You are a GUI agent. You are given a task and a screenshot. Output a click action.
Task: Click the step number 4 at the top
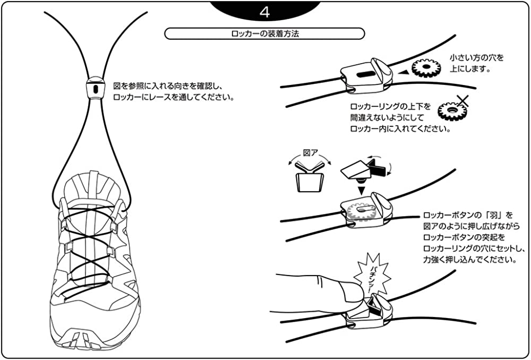[265, 11]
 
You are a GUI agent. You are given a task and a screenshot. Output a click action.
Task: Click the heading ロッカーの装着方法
[265, 33]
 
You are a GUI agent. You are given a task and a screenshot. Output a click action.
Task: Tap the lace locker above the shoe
[95, 88]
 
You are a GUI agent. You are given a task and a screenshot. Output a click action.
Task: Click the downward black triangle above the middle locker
[361, 189]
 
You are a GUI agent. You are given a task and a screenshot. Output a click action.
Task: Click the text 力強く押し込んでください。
[469, 260]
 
